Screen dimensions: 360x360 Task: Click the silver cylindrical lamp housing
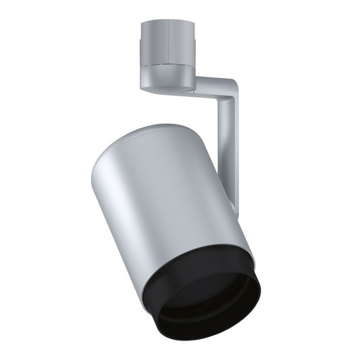pyautogui.click(x=175, y=202)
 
